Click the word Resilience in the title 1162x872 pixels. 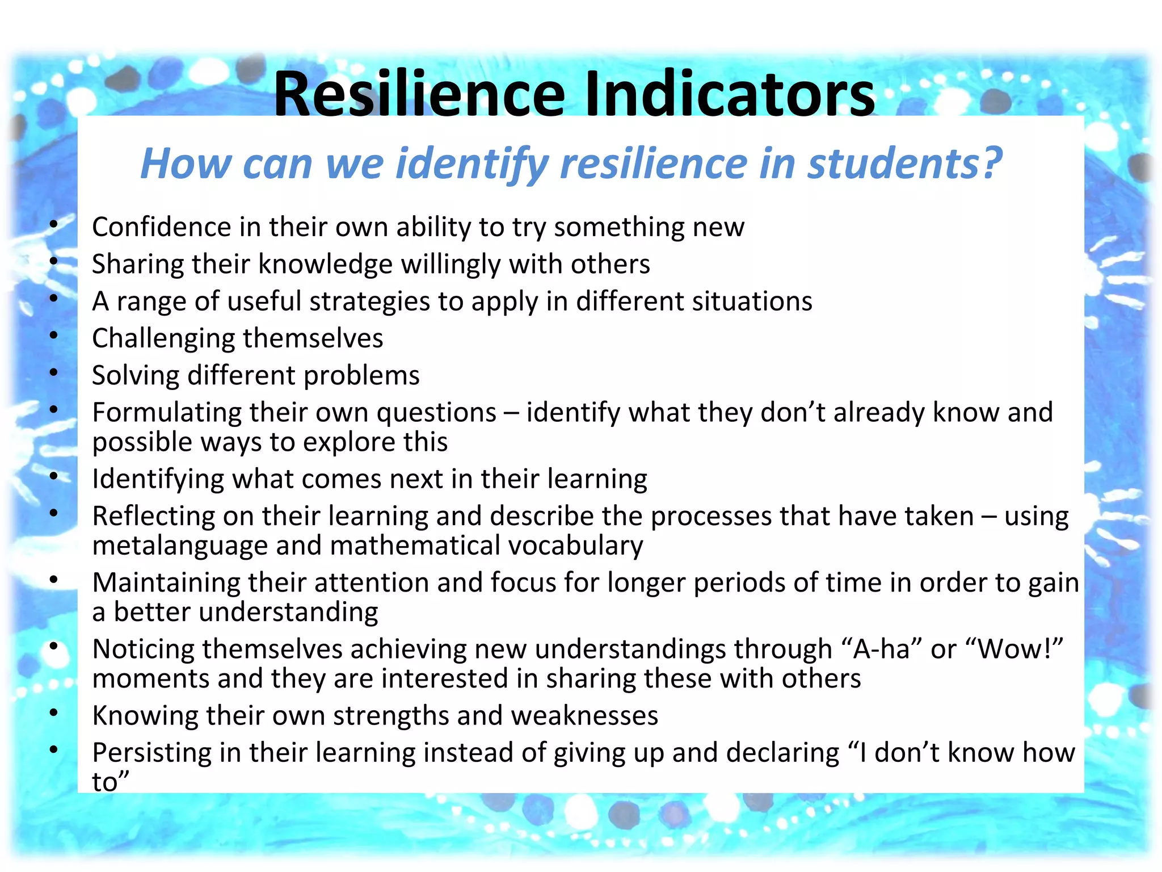pos(419,94)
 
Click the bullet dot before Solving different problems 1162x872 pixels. pos(54,372)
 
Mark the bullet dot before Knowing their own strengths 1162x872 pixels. pos(54,712)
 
